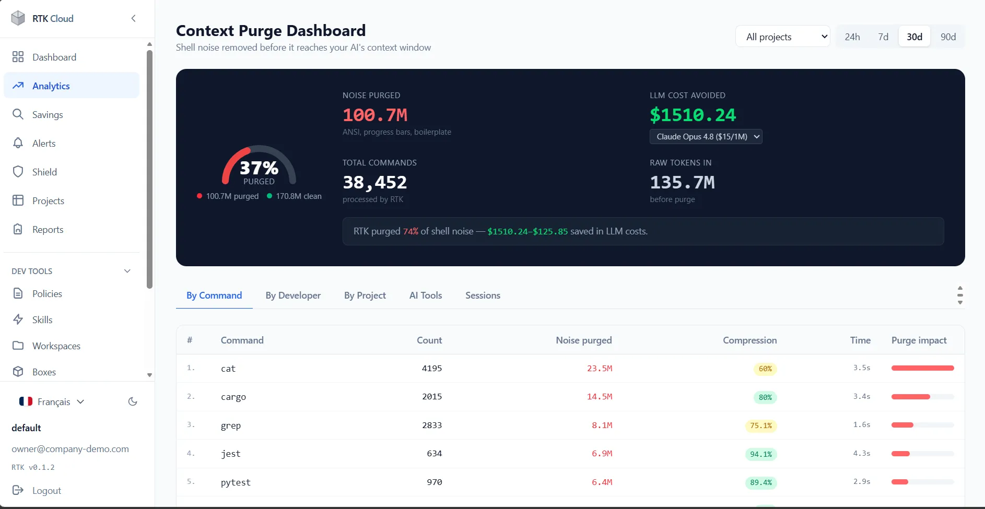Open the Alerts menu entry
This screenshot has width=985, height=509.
(x=44, y=143)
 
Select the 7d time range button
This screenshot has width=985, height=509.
(x=883, y=37)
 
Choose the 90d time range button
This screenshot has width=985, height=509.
(x=948, y=37)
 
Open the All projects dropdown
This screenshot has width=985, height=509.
(x=782, y=37)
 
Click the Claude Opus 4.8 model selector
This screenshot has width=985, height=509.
(x=706, y=137)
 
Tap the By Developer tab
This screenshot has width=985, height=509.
(x=293, y=295)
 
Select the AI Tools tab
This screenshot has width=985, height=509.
(x=426, y=295)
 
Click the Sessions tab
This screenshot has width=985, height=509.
(x=483, y=295)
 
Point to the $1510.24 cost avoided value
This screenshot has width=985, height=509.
(x=693, y=115)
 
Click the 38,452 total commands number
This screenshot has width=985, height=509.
(x=374, y=182)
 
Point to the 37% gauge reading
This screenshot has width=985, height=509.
(x=259, y=168)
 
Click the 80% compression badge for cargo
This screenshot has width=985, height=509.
(x=765, y=397)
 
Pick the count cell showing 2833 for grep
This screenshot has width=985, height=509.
(x=432, y=425)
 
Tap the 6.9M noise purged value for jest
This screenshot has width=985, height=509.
(x=602, y=454)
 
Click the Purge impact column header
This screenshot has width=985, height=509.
(x=919, y=340)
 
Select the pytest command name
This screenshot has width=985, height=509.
(x=236, y=482)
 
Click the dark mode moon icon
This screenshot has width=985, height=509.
(x=133, y=401)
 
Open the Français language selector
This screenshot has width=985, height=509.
(x=52, y=401)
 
